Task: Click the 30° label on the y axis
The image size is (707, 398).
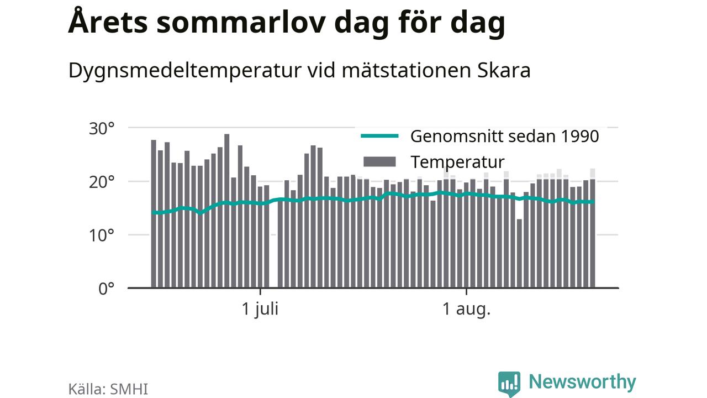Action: [102, 129]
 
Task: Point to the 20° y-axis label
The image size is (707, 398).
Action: [102, 182]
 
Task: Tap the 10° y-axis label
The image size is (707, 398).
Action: [102, 235]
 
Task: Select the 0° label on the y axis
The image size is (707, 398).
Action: [107, 289]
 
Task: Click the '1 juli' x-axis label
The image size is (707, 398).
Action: [260, 309]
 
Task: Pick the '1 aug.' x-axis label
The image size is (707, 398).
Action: [467, 309]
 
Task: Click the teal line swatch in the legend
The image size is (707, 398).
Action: [379, 136]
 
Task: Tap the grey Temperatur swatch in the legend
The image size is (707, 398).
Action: [379, 162]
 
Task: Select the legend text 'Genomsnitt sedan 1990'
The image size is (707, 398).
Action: [504, 137]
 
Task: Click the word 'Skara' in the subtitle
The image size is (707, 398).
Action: [504, 70]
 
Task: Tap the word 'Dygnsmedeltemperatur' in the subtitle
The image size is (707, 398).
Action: [184, 72]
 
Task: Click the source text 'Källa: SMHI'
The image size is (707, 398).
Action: [108, 389]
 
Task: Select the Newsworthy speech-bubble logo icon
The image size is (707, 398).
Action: [509, 384]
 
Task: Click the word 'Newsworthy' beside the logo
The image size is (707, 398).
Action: [582, 382]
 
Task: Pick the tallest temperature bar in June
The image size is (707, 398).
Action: [226, 211]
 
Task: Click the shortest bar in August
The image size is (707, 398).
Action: [519, 254]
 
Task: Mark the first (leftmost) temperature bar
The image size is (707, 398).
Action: [154, 214]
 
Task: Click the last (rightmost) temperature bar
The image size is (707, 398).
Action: [593, 234]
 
